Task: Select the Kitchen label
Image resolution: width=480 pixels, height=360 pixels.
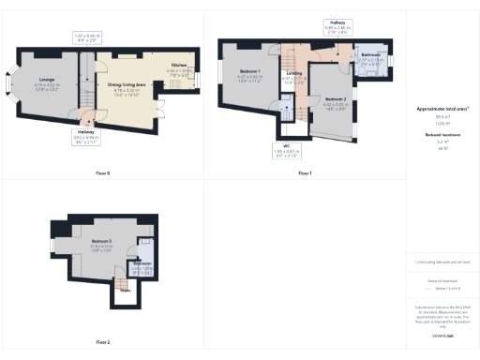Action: pos(178,66)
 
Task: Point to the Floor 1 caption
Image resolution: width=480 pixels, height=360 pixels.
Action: pos(304,173)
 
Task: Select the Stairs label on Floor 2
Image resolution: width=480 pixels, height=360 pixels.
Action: pos(125,291)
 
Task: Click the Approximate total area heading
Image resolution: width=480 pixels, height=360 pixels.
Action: pos(442,109)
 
